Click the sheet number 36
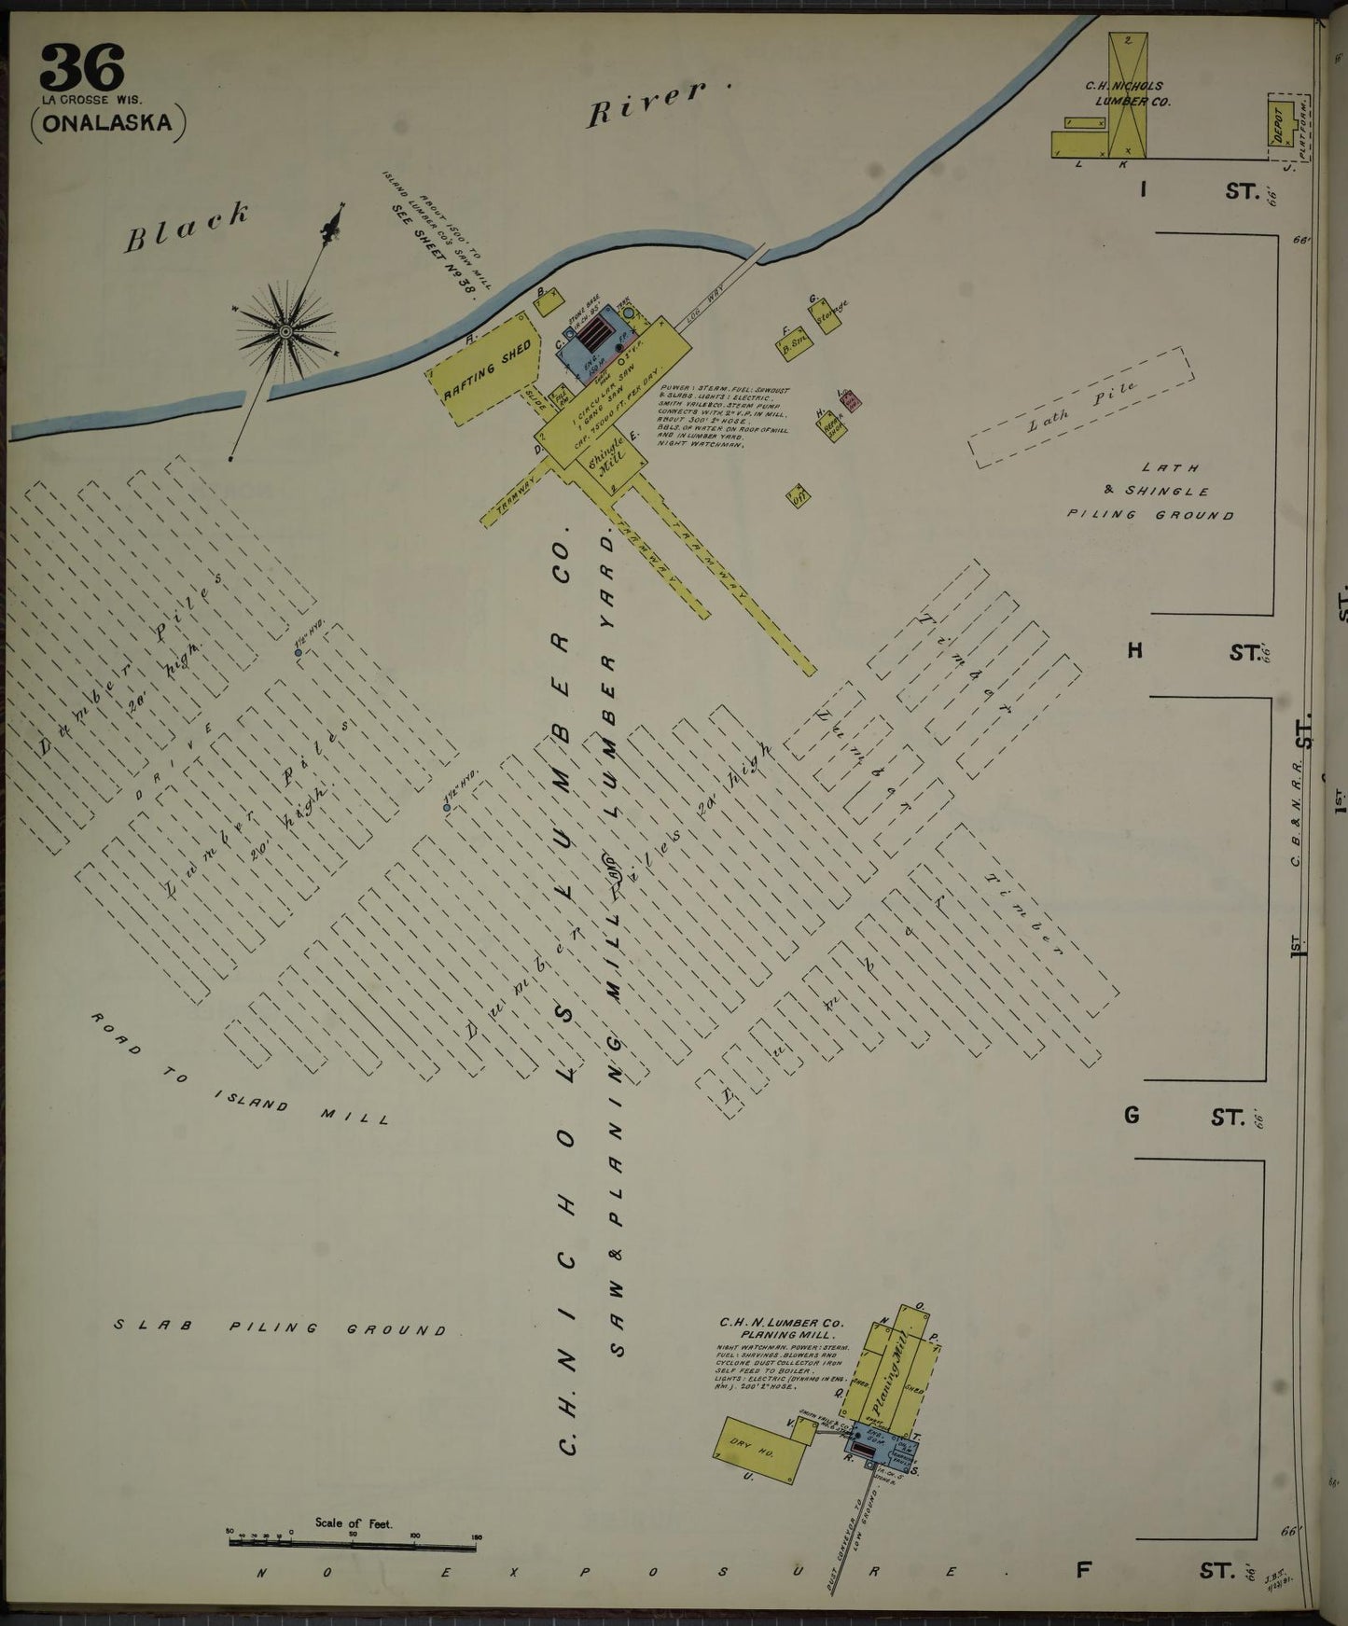tap(82, 68)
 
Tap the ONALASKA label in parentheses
tap(108, 123)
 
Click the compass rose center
tap(285, 328)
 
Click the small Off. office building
tap(798, 495)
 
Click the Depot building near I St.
tap(1281, 123)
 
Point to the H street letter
tap(1134, 650)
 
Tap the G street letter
tap(1132, 1115)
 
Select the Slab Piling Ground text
tap(280, 1328)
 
